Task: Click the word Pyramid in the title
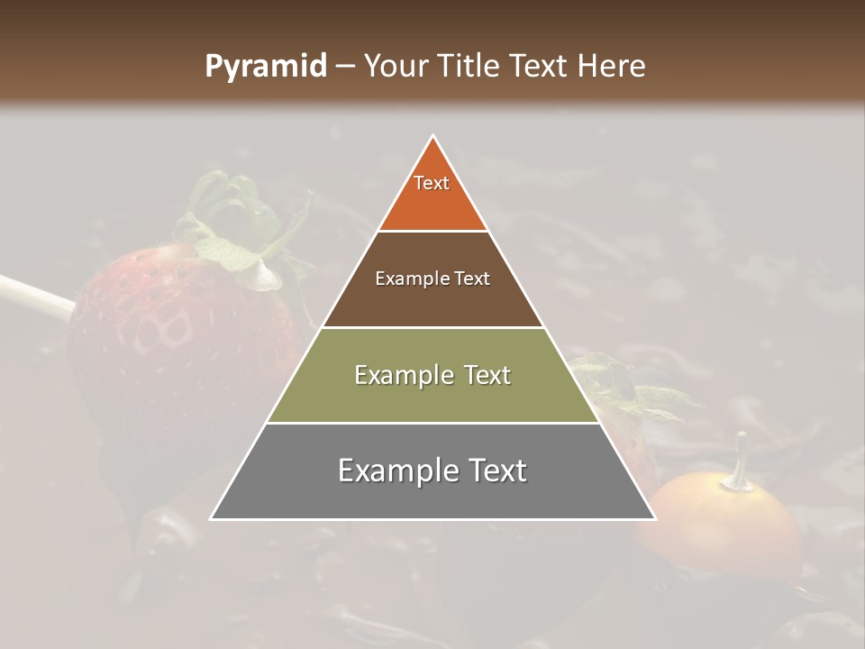tap(265, 67)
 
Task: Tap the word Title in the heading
tap(468, 66)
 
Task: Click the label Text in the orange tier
tap(432, 183)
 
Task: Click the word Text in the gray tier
tap(495, 471)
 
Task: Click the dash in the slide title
tap(344, 67)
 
